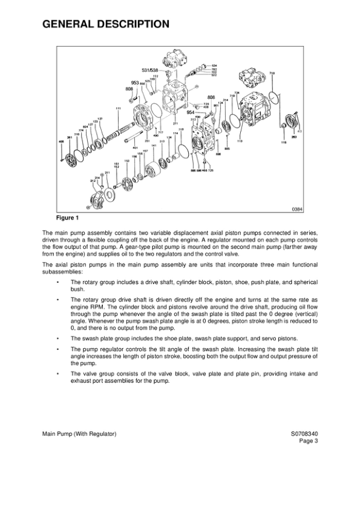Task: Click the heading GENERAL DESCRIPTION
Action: point(105,24)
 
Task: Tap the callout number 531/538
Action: point(149,70)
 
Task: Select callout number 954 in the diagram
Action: point(190,112)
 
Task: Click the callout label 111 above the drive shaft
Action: point(118,108)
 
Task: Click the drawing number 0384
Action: point(296,209)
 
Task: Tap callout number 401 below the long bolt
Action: point(136,148)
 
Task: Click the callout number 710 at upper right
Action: point(272,73)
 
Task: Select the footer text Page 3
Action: point(308,441)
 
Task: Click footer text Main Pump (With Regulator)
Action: point(79,434)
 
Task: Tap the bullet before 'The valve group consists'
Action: point(57,374)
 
